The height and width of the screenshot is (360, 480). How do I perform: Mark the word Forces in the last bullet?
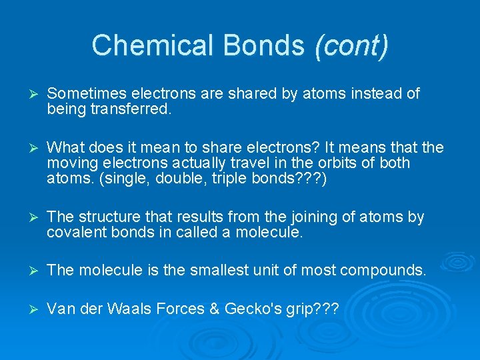183,309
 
